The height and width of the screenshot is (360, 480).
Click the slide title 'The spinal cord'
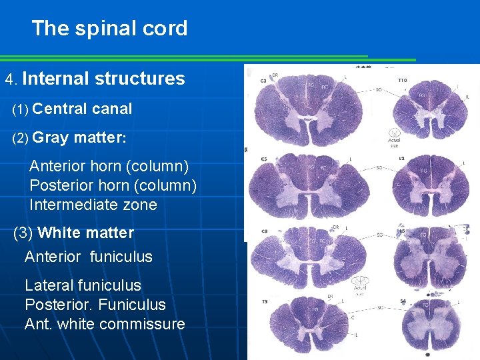click(109, 29)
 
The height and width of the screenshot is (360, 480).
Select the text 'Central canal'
click(82, 109)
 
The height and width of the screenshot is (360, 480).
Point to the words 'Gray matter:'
click(79, 138)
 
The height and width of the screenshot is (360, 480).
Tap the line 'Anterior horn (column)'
click(109, 165)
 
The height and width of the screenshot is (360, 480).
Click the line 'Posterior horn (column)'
click(113, 185)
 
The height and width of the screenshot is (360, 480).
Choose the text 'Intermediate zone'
click(93, 205)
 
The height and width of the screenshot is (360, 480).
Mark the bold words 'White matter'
click(85, 233)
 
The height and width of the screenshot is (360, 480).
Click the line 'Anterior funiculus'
click(89, 257)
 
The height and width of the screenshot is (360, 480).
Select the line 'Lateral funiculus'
click(83, 285)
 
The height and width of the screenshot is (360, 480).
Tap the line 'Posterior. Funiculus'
click(95, 305)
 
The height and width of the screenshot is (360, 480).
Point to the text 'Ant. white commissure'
click(105, 324)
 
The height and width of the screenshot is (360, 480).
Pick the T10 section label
click(402, 80)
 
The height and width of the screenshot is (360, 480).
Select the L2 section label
click(401, 159)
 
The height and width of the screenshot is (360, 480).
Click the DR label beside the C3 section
click(275, 75)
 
